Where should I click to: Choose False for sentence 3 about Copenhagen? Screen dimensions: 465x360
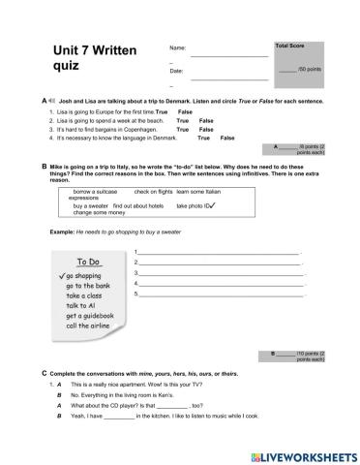(x=205, y=129)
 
